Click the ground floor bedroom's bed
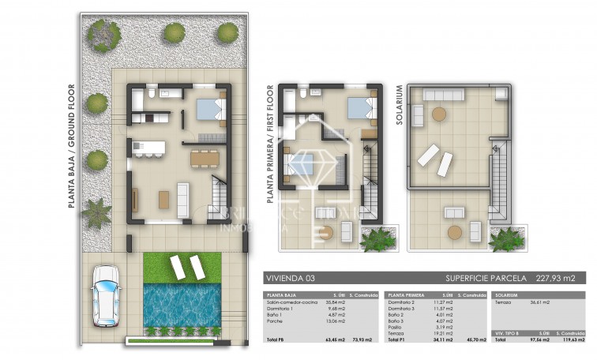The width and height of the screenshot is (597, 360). (210, 108)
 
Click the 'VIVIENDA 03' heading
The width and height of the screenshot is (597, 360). (283, 278)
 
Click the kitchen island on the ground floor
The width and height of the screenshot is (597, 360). (148, 148)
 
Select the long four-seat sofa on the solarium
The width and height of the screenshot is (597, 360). (445, 94)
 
